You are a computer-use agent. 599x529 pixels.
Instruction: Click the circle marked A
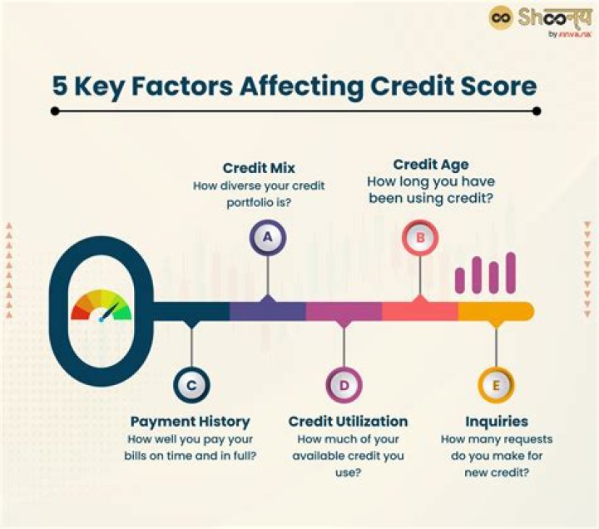click(267, 237)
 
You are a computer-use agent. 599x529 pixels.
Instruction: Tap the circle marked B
click(420, 238)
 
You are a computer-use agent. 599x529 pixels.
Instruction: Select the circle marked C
click(191, 385)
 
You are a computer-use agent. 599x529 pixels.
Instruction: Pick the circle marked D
click(344, 385)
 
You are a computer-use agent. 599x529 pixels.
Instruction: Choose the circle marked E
click(496, 385)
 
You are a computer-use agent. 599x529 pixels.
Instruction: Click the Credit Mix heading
click(259, 167)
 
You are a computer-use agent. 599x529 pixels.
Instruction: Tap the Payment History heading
click(190, 422)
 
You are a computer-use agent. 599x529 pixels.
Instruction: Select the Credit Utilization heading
click(348, 422)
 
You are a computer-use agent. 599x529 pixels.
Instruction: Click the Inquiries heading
click(496, 422)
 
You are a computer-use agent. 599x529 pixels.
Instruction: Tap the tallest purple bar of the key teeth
click(511, 273)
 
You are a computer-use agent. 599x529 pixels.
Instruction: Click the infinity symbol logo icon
click(501, 17)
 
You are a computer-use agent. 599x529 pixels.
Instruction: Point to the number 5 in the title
click(61, 87)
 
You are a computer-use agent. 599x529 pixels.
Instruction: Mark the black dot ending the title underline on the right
click(537, 111)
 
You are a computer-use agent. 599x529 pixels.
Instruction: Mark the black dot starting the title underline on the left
click(55, 111)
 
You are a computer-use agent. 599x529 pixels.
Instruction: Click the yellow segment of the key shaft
click(494, 311)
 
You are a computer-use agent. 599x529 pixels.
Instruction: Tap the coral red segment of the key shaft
click(419, 311)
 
